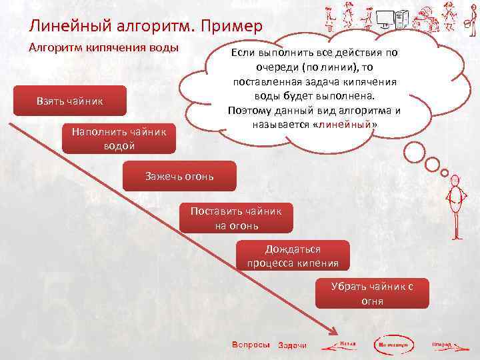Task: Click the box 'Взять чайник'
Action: pos(69,101)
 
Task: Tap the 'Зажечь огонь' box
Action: pos(179,176)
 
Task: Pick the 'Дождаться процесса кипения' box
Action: pos(293,256)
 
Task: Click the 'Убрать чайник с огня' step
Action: pos(372,293)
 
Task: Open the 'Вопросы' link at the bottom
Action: pos(250,344)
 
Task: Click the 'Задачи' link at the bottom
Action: pos(292,345)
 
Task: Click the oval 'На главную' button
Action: pos(395,345)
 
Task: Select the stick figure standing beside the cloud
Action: pos(455,206)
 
